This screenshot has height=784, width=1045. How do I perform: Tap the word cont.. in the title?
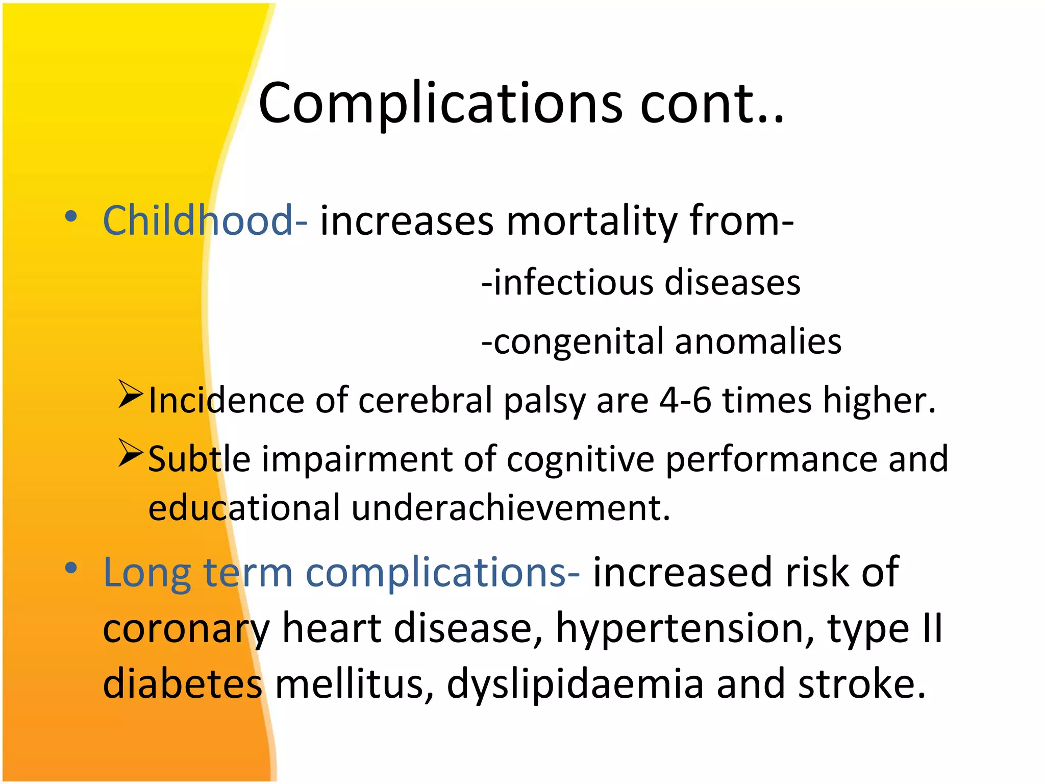711,104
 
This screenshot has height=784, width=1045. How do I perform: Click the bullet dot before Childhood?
71,216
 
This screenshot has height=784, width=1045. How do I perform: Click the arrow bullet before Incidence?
130,394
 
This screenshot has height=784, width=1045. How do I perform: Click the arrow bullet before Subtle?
130,453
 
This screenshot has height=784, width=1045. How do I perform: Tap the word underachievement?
510,508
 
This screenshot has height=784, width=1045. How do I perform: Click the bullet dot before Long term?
71,568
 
